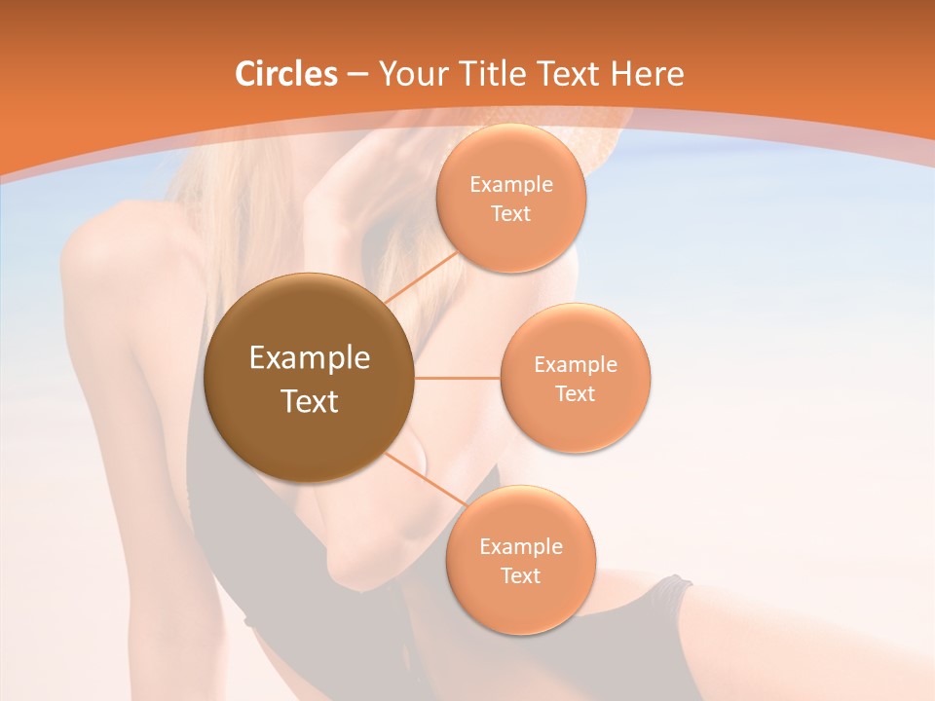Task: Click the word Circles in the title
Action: pos(285,74)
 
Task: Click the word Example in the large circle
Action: pos(309,358)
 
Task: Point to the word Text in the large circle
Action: pos(309,401)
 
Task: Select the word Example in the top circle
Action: pos(511,185)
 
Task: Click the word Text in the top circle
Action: pos(511,214)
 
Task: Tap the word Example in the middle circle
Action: pos(575,365)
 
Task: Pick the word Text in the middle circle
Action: pos(575,394)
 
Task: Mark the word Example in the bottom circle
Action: pos(520,547)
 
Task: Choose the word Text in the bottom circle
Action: pos(520,576)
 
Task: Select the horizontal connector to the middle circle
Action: pos(457,378)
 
